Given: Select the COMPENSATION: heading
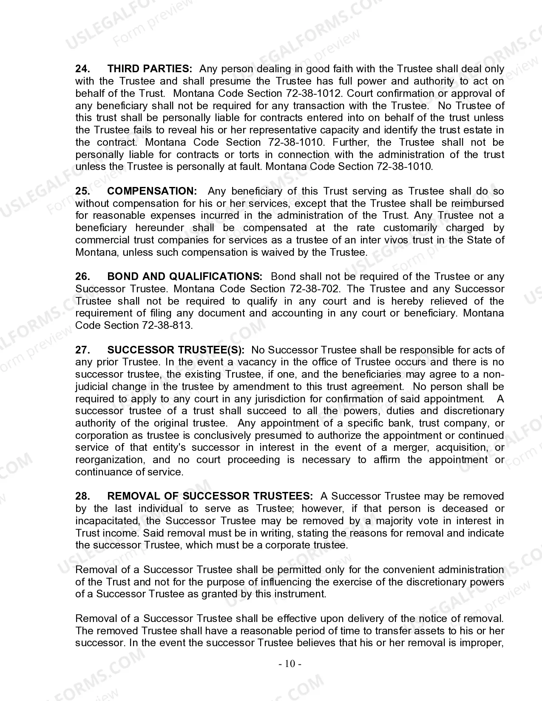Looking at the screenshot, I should click(x=152, y=191).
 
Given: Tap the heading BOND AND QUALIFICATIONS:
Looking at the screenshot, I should click(x=185, y=277).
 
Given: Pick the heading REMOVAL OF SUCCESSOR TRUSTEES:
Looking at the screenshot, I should click(x=210, y=496).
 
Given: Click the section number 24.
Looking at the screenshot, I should click(x=82, y=69).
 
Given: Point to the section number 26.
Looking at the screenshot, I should click(x=82, y=277).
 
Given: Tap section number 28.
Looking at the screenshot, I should click(x=82, y=496).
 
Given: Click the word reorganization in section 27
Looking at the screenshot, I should click(x=110, y=460).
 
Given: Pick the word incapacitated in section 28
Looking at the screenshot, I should click(x=108, y=521).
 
